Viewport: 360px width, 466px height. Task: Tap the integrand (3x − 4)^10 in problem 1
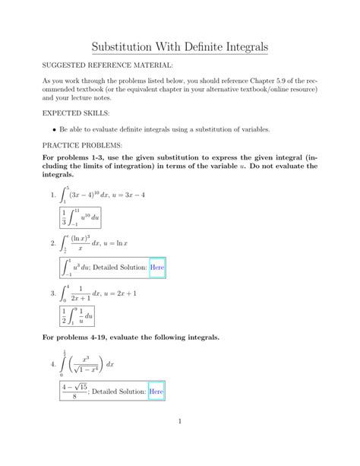coord(88,195)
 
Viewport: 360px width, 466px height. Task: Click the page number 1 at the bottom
coord(179,444)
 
